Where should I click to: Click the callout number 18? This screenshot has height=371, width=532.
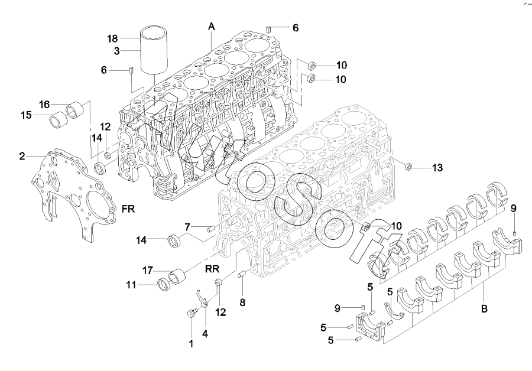112,39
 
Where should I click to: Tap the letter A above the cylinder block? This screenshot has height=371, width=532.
211,26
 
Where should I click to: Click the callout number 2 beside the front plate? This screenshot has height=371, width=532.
22,157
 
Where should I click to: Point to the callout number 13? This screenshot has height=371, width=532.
436,168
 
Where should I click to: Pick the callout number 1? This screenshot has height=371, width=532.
191,344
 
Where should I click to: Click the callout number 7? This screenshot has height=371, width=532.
187,227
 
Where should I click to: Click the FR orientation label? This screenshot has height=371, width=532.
129,209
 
